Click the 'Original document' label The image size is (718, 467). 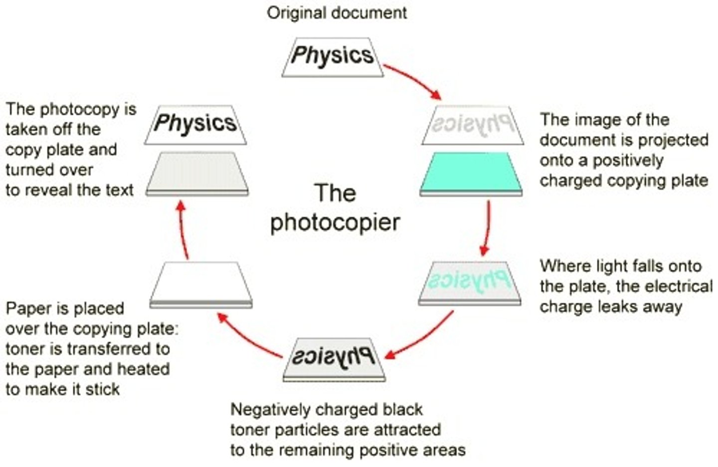pyautogui.click(x=337, y=12)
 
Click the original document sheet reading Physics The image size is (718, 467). pyautogui.click(x=333, y=56)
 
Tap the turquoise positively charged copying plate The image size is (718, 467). pyautogui.click(x=471, y=172)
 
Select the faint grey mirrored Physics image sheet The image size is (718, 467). pyautogui.click(x=472, y=125)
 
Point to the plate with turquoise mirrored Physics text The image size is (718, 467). pyautogui.click(x=469, y=282)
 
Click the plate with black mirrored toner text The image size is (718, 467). pyautogui.click(x=334, y=358)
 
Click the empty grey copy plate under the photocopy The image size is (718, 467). pyautogui.click(x=197, y=172)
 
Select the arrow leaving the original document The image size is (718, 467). pyautogui.click(x=412, y=80)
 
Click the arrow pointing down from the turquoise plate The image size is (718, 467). pyautogui.click(x=486, y=227)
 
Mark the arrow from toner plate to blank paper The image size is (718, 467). pyautogui.click(x=249, y=334)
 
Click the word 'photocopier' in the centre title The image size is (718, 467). pyautogui.click(x=335, y=223)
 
